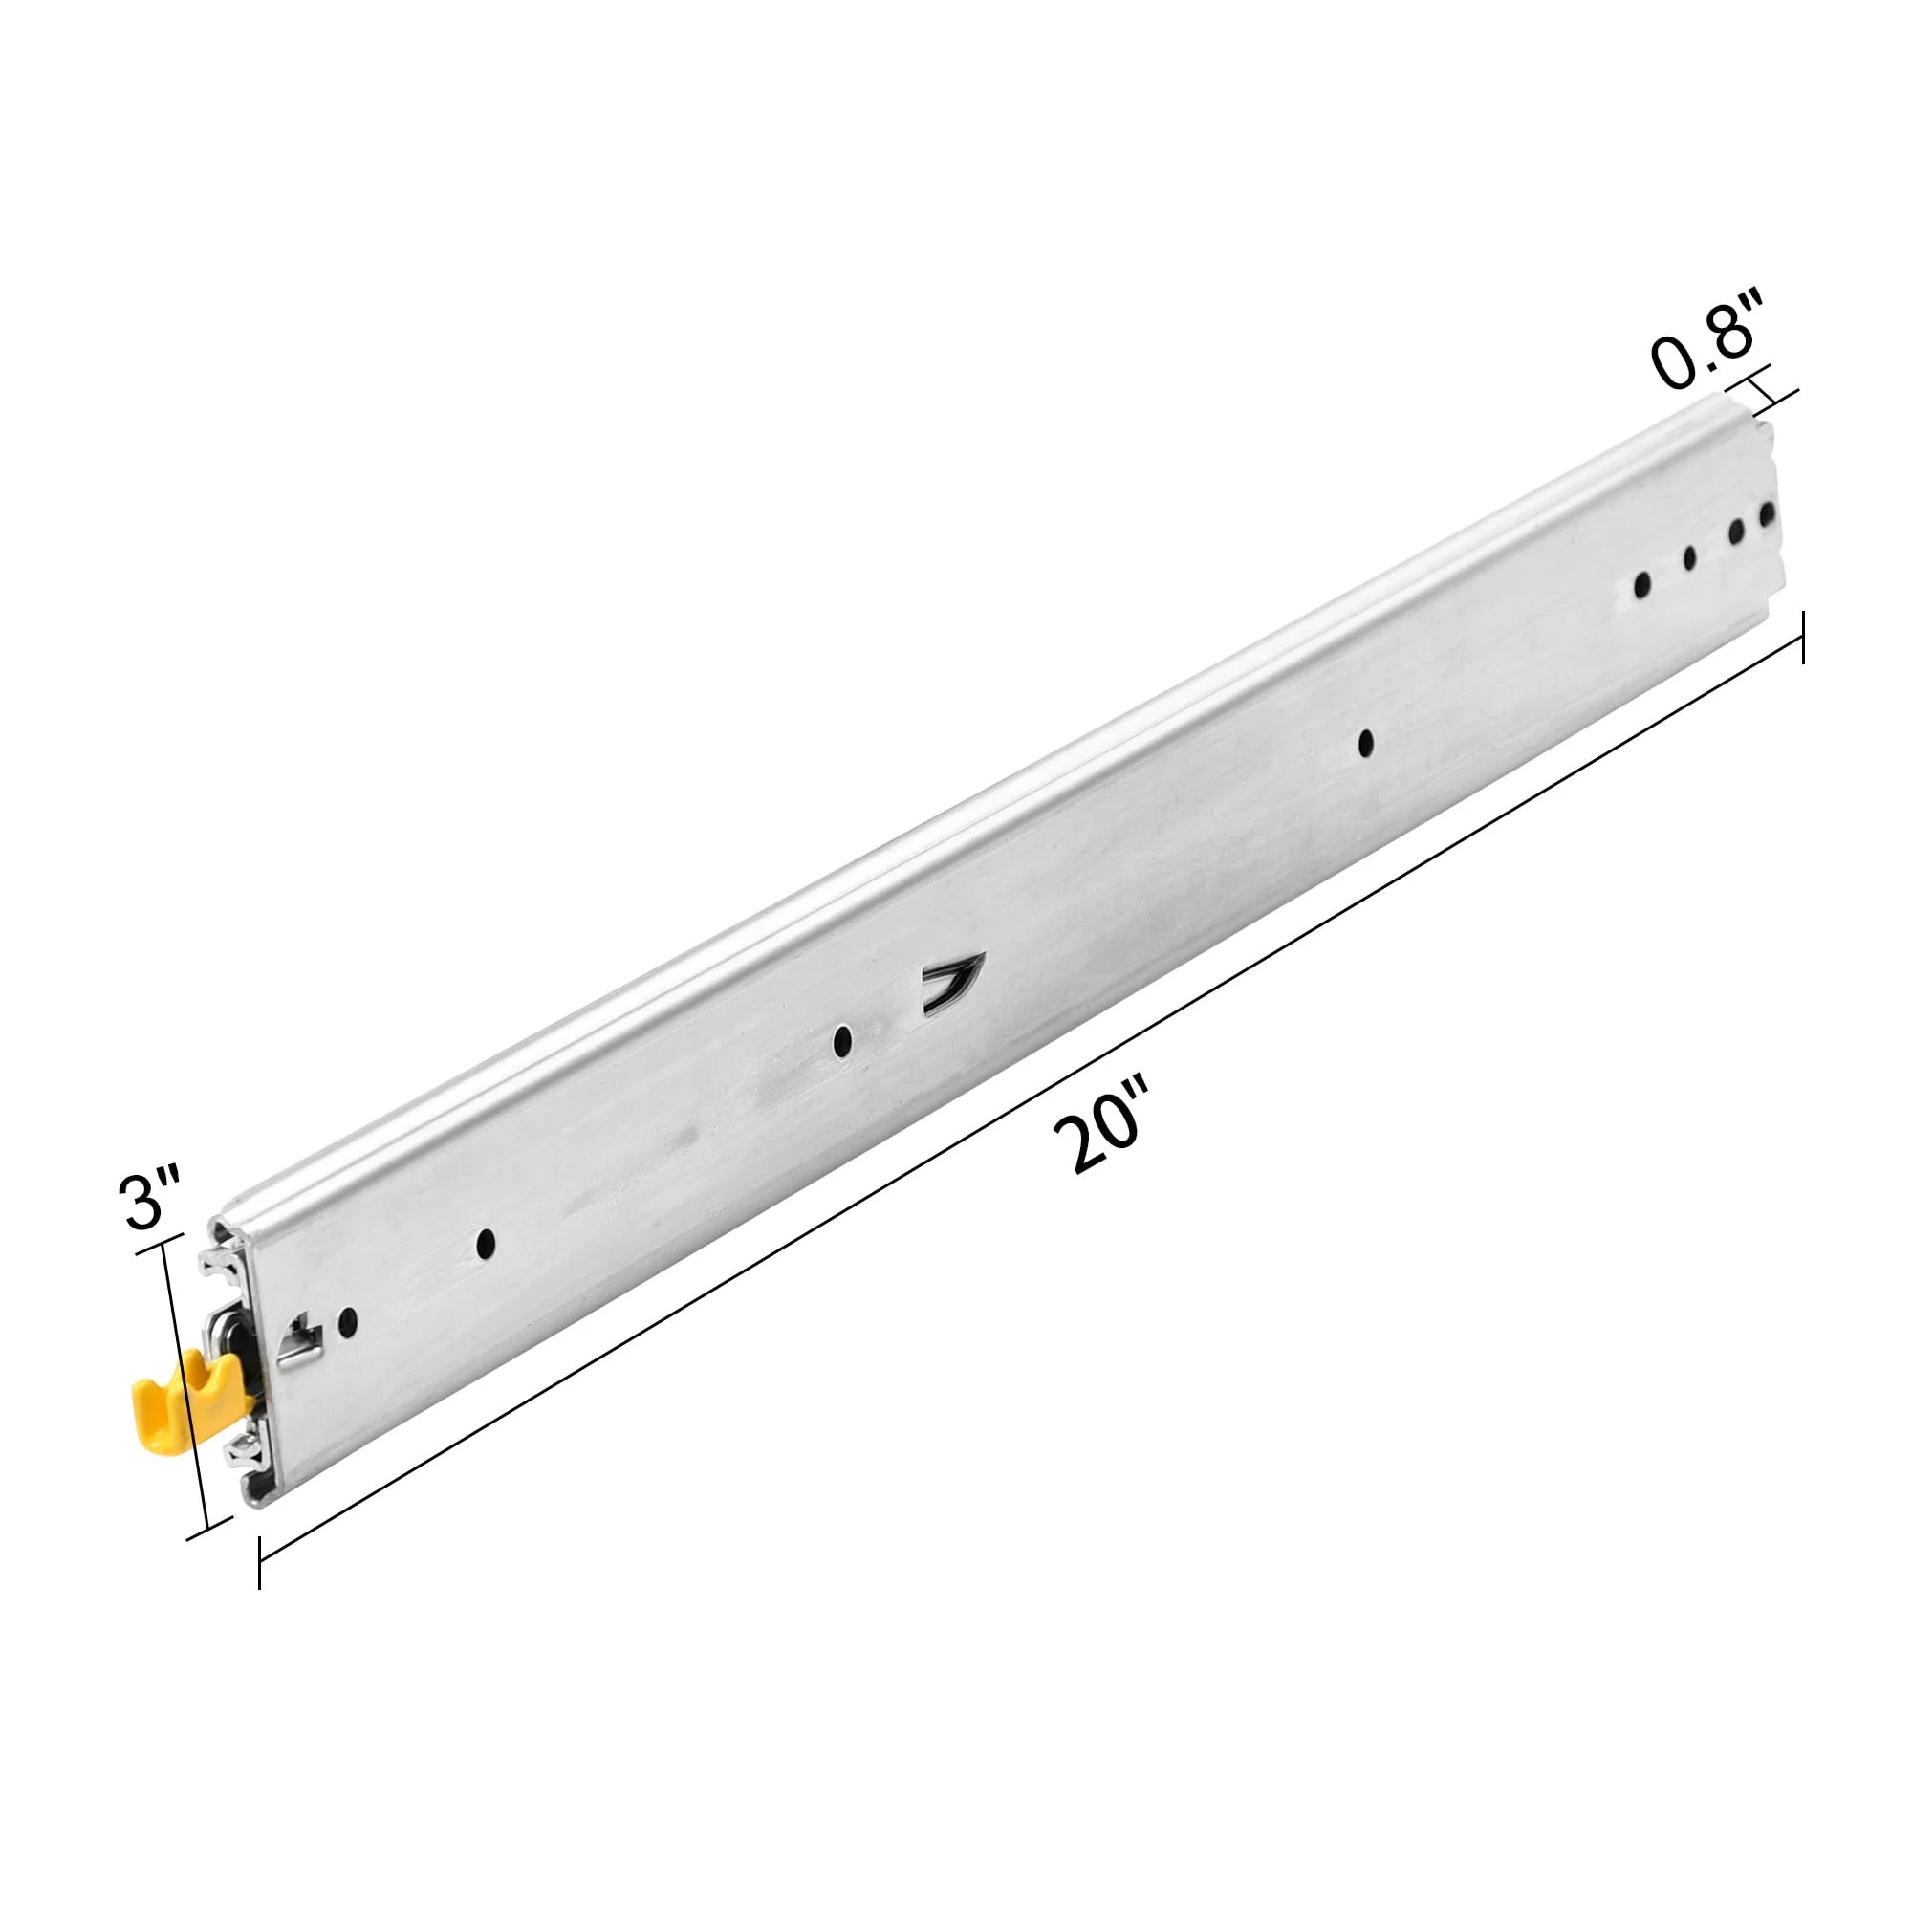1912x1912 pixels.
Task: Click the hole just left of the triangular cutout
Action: coord(842,1039)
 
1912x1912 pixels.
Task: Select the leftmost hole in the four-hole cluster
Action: coord(1642,586)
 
